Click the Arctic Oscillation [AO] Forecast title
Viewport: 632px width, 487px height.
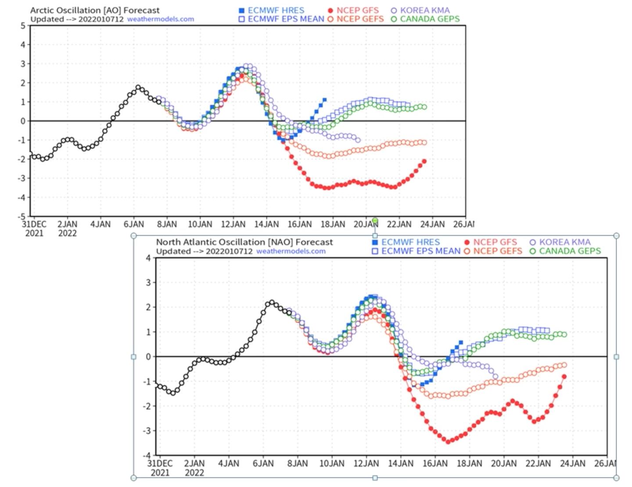[x=95, y=10]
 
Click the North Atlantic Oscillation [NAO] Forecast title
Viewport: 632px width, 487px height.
[x=244, y=242]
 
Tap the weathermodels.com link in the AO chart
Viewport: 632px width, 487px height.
[x=161, y=19]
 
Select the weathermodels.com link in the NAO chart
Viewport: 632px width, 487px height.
[x=291, y=251]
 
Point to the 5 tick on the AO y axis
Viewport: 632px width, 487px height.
[x=23, y=25]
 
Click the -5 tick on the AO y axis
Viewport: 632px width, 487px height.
[x=22, y=216]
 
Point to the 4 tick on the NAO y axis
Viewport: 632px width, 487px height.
[x=148, y=258]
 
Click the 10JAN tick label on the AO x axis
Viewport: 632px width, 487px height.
[x=200, y=224]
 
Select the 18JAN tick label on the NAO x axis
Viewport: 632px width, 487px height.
[x=469, y=463]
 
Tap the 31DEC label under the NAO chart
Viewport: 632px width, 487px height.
[x=160, y=463]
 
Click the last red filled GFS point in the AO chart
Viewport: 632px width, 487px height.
[x=424, y=161]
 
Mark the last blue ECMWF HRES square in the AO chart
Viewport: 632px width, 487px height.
[x=324, y=100]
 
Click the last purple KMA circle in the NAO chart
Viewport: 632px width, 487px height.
[x=496, y=376]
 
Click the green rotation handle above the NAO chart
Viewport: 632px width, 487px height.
[x=375, y=220]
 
